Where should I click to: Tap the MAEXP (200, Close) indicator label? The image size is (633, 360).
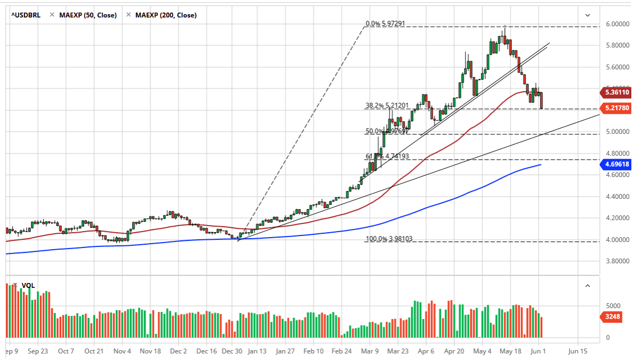pyautogui.click(x=165, y=15)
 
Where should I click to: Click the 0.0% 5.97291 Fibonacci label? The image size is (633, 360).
pyautogui.click(x=385, y=24)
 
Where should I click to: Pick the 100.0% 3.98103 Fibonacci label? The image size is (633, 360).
pyautogui.click(x=385, y=239)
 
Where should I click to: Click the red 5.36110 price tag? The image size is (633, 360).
pyautogui.click(x=616, y=92)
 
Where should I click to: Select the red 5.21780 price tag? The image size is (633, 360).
pyautogui.click(x=616, y=108)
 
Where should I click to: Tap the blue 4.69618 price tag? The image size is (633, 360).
pyautogui.click(x=616, y=164)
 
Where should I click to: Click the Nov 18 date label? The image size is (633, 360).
pyautogui.click(x=151, y=351)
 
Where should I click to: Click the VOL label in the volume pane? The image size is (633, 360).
pyautogui.click(x=27, y=286)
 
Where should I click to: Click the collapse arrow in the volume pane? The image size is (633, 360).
pyautogui.click(x=588, y=286)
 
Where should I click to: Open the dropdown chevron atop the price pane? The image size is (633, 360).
pyautogui.click(x=588, y=15)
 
